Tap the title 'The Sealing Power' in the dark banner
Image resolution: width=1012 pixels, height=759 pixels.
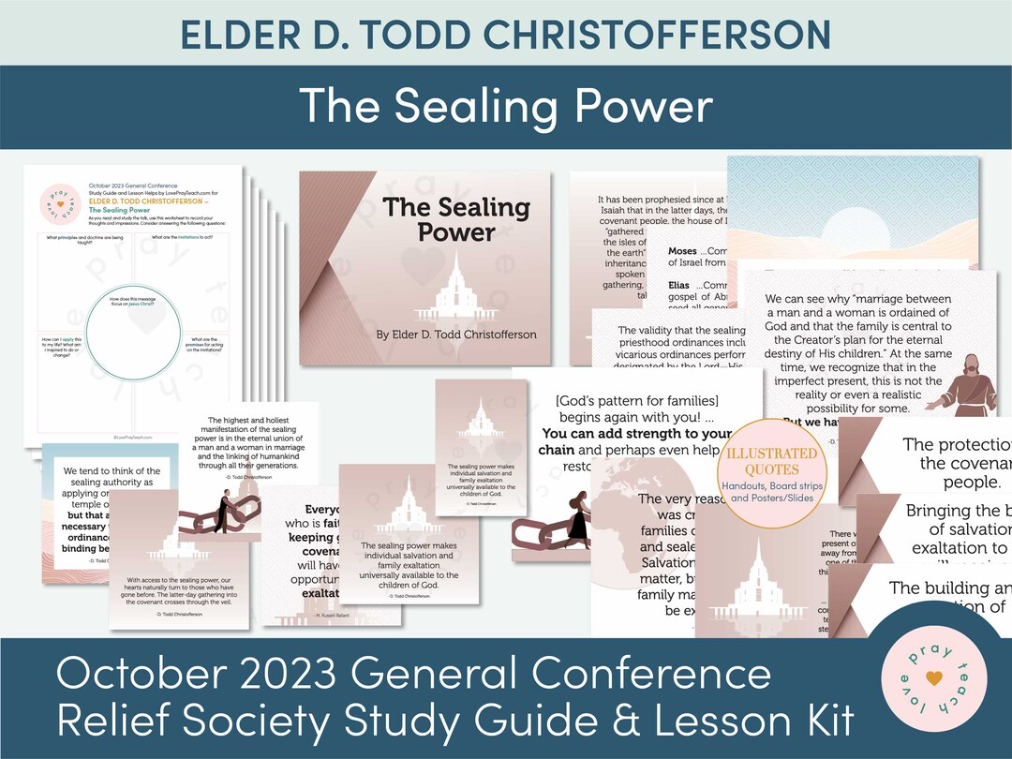pyautogui.click(x=506, y=107)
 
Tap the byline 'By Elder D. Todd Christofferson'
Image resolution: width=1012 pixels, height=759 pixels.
pyautogui.click(x=456, y=335)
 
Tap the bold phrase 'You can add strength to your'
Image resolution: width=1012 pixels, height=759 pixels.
pyautogui.click(x=635, y=434)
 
